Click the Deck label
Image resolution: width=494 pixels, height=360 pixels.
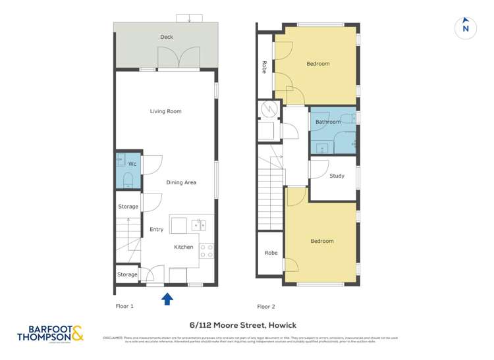click(x=167, y=37)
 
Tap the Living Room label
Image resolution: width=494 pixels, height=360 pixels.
click(x=165, y=111)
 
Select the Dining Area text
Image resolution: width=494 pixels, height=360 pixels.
click(x=181, y=182)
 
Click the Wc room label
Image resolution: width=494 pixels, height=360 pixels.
click(x=132, y=163)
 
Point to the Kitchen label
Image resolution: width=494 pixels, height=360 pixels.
click(x=184, y=247)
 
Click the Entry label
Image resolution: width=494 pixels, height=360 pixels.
click(x=156, y=229)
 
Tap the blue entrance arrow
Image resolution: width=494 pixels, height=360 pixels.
click(x=167, y=299)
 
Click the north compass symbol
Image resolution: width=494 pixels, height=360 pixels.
click(x=466, y=27)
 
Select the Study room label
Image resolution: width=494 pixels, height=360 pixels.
click(x=337, y=176)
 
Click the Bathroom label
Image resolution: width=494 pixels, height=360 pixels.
click(x=328, y=122)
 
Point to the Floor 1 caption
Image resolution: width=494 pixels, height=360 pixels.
click(x=124, y=306)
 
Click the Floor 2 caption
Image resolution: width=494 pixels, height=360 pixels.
click(x=266, y=306)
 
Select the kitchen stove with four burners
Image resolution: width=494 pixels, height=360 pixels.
click(x=206, y=251)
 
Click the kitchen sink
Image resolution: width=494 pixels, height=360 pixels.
click(x=198, y=225)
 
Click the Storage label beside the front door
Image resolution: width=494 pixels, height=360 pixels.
click(x=127, y=274)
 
